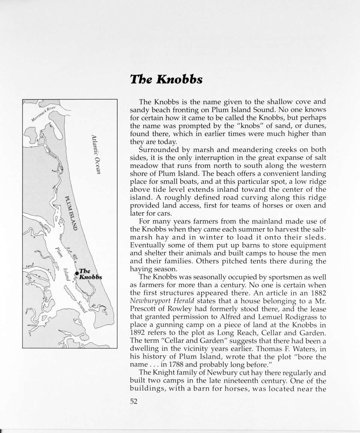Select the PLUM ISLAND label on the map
point(71,213)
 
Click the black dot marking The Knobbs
point(77,273)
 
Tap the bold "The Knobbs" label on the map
point(90,274)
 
